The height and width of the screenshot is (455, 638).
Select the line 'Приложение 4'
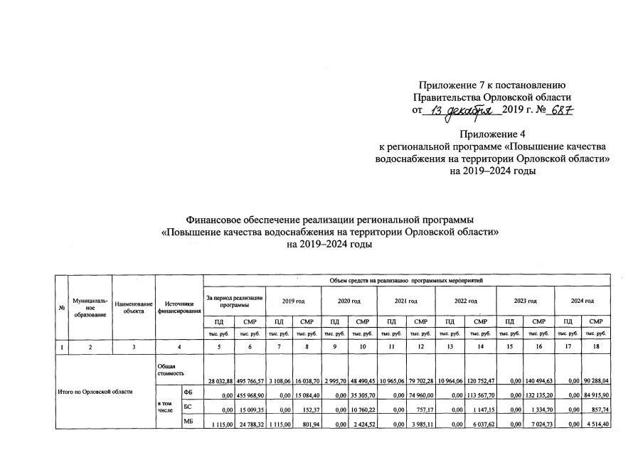[x=492, y=133]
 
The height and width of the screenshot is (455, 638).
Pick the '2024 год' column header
[x=581, y=301]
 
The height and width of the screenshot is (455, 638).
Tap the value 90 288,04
[x=596, y=380]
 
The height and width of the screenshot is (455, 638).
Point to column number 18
[x=596, y=347]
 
